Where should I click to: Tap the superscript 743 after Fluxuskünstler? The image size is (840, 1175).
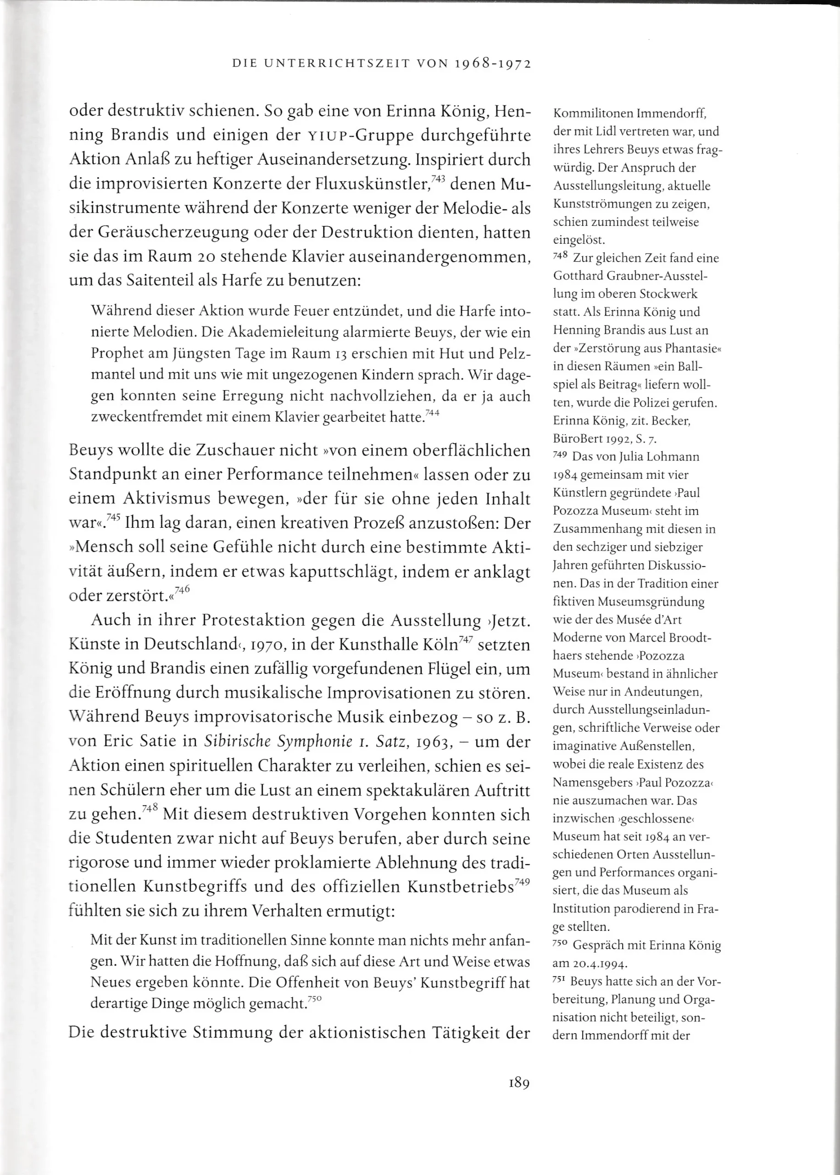(x=438, y=179)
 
